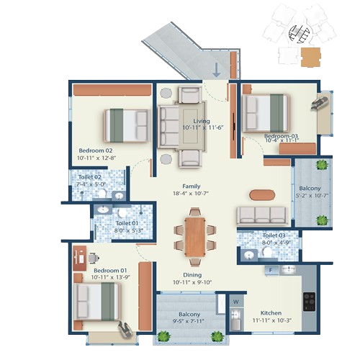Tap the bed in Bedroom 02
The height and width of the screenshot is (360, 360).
tap(125, 124)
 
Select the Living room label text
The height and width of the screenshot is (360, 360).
tap(201, 121)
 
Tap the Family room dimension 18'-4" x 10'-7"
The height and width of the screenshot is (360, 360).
tap(191, 193)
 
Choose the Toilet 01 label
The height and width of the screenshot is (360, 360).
tap(127, 223)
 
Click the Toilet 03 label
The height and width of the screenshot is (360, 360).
tap(274, 235)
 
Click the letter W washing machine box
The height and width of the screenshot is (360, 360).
tap(235, 302)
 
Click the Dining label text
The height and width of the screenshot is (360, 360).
tap(191, 274)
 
